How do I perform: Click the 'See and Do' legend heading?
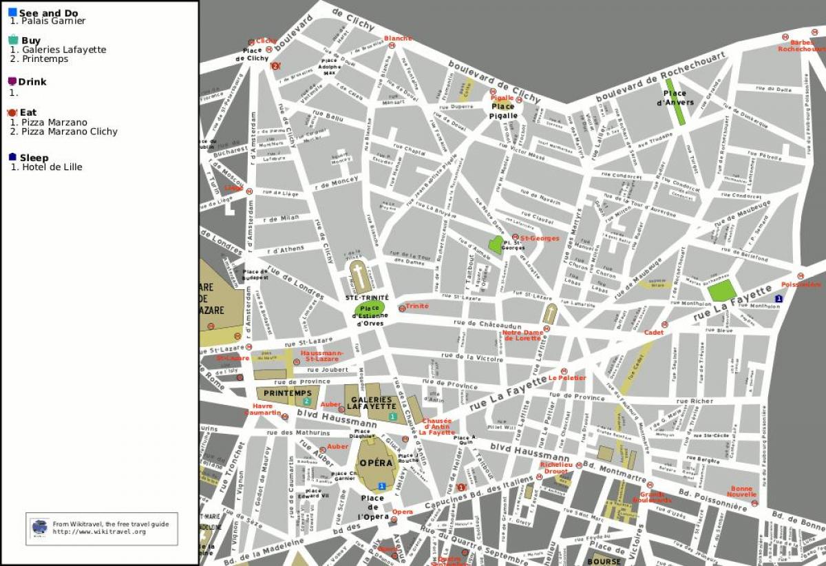click(x=48, y=12)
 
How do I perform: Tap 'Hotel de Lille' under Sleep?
click(x=52, y=167)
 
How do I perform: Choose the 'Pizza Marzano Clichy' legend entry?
click(x=69, y=132)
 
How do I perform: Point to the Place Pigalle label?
click(x=503, y=111)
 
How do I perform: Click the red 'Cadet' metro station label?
click(x=653, y=333)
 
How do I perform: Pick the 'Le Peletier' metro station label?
click(x=567, y=378)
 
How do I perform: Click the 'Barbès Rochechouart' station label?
click(x=802, y=45)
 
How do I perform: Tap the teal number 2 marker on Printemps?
click(x=307, y=401)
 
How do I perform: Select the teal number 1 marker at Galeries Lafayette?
click(x=392, y=417)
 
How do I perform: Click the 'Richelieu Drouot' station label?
click(x=554, y=468)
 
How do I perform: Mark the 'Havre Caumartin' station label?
click(x=262, y=409)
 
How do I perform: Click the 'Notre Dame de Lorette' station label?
click(x=526, y=335)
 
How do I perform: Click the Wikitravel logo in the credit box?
click(x=41, y=527)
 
